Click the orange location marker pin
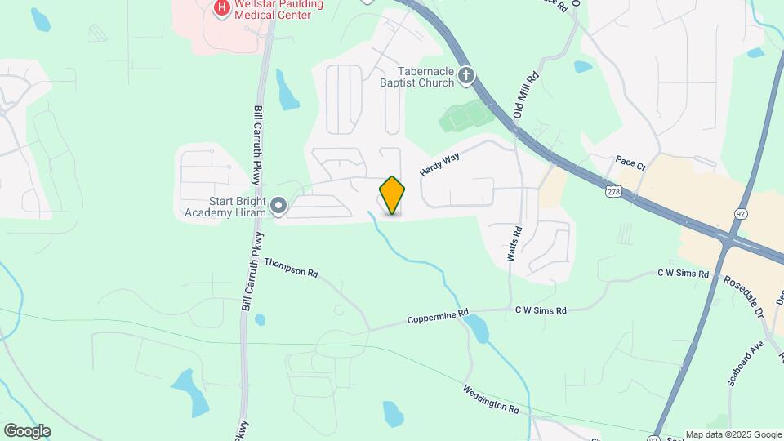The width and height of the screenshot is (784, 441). pos(393,195)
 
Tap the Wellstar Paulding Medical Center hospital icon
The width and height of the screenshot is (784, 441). pos(220,9)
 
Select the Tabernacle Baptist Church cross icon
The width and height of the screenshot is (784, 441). pos(466,76)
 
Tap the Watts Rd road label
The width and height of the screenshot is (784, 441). pos(513,243)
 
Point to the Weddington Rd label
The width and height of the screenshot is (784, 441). pos(490,399)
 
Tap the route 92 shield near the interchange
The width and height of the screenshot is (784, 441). pos(741,212)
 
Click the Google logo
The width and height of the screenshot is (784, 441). pos(27,431)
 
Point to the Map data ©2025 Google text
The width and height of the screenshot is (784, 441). pos(733,434)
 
